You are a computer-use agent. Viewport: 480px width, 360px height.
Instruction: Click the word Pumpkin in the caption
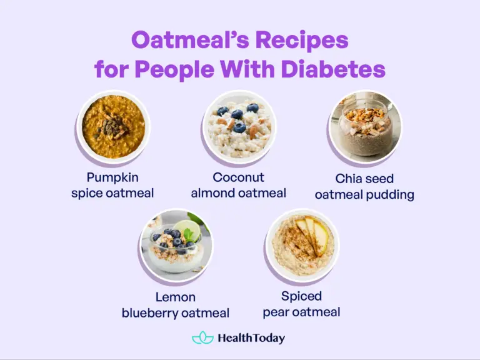(x=112, y=177)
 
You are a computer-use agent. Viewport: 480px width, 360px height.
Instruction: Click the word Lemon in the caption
(x=176, y=297)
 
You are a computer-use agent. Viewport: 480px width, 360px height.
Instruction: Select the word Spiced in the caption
(x=301, y=296)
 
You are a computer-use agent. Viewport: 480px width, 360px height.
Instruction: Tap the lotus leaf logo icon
(x=202, y=338)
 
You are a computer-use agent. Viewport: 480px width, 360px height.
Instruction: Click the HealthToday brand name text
(x=251, y=338)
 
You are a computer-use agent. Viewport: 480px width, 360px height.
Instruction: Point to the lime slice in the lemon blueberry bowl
(x=188, y=230)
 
